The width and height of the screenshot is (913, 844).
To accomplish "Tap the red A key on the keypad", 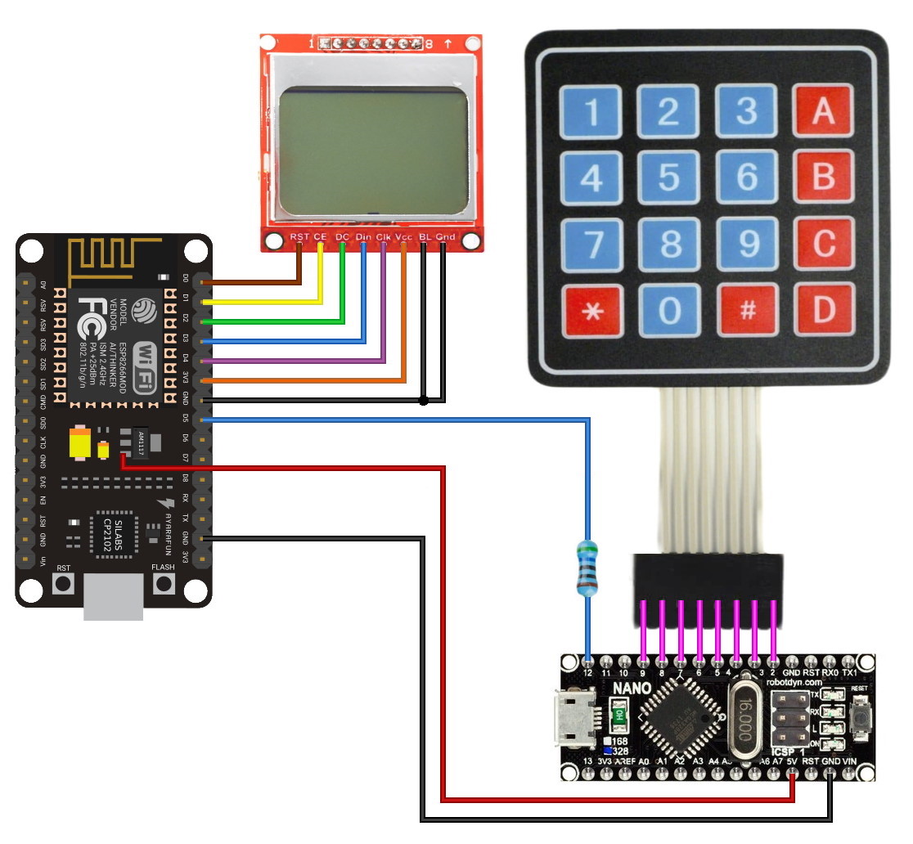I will click(x=823, y=111).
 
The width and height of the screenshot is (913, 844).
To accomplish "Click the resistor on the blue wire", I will click(x=587, y=567).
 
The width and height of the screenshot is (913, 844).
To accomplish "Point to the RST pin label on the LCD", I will click(x=299, y=237).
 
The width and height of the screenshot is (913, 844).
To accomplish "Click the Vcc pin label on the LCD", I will click(x=403, y=237).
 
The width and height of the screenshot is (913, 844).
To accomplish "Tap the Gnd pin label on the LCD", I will click(x=445, y=237).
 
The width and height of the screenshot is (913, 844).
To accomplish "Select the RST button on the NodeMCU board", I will click(x=63, y=583).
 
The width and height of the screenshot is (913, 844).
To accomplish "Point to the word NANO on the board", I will click(x=630, y=689).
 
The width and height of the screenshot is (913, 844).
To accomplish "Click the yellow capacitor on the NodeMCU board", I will click(x=81, y=443).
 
